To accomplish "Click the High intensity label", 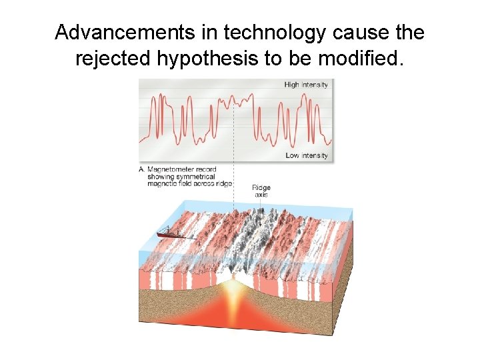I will click(x=306, y=85).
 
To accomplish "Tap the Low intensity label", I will click(x=307, y=155).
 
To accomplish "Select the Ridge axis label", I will click(x=261, y=191).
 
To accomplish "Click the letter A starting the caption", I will click(x=141, y=169).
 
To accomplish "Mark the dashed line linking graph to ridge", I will click(x=235, y=153).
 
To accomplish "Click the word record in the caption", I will click(x=204, y=169).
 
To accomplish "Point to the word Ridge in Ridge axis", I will click(x=261, y=188).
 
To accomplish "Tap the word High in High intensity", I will click(x=292, y=85).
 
